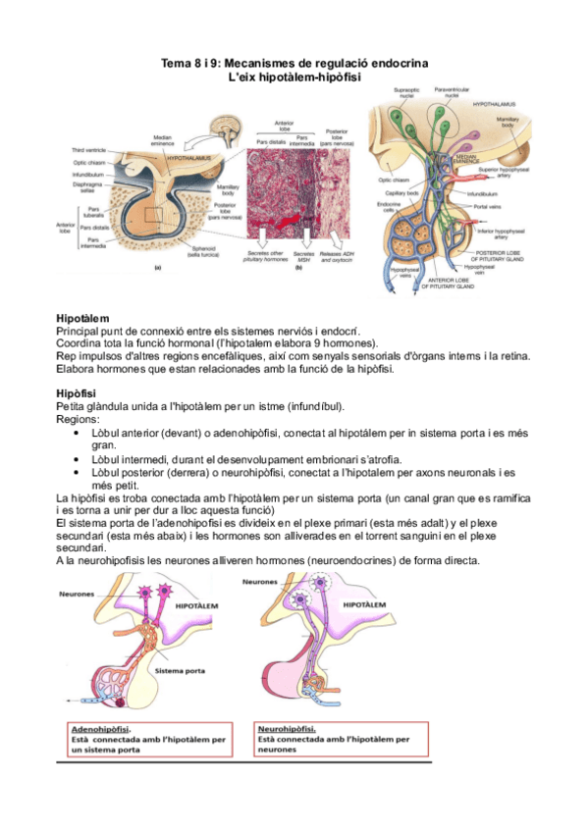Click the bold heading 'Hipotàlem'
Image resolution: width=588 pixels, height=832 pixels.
point(82,320)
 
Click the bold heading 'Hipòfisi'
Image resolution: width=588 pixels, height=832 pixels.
point(78,393)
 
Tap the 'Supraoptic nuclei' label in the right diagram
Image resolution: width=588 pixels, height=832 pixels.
point(406,93)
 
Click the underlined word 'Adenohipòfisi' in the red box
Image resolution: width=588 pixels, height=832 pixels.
point(102,729)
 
